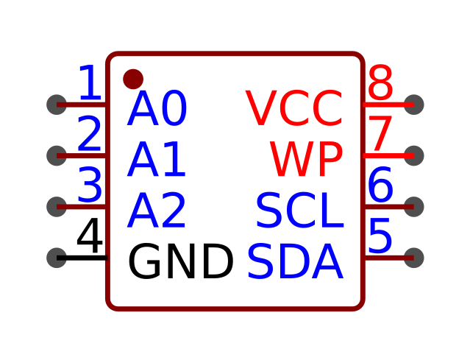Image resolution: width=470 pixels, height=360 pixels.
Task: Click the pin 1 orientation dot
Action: [133, 80]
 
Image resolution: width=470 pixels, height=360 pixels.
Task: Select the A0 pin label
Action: [157, 109]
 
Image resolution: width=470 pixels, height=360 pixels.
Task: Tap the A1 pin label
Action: [156, 159]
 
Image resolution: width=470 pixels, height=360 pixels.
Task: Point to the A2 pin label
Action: [156, 211]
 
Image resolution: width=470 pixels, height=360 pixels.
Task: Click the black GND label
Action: [181, 261]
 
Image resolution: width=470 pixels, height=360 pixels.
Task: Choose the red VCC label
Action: [294, 109]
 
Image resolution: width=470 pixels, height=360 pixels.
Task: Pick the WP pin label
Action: [306, 159]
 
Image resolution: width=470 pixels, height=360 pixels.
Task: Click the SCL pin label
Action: [300, 211]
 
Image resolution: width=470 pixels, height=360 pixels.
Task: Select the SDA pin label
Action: [295, 261]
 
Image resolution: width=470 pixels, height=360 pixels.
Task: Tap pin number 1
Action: [90, 82]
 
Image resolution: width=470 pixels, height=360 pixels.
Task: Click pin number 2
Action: [89, 133]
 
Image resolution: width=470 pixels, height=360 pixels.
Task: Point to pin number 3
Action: [90, 185]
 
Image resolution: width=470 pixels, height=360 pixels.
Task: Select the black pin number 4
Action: [90, 236]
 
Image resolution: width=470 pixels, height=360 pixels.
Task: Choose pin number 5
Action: [380, 236]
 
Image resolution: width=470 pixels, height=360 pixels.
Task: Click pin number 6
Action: [380, 185]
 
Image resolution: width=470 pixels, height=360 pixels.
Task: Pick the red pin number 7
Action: [380, 133]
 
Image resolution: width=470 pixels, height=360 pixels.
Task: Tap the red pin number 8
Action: [380, 82]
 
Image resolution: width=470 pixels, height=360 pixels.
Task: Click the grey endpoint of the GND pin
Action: [57, 258]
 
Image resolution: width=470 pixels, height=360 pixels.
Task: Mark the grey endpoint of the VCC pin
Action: [414, 105]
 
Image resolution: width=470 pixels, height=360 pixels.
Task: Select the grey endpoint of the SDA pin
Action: [414, 258]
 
